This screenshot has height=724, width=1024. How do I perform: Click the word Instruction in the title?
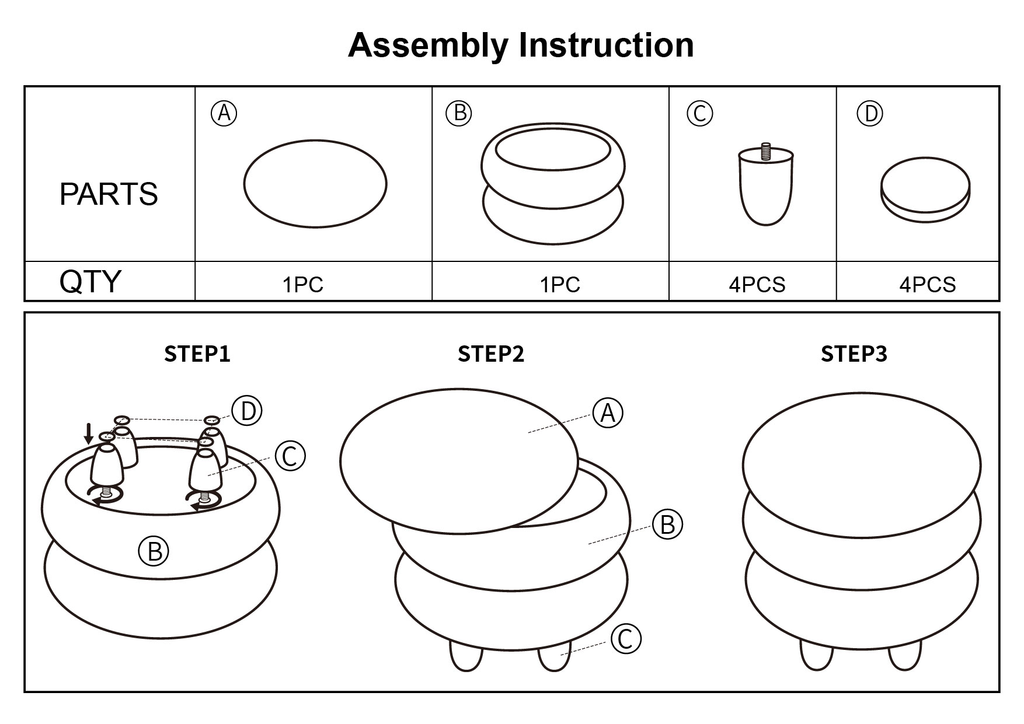point(607,46)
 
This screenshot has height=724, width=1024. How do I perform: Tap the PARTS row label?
point(109,194)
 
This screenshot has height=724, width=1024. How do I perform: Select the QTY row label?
point(90,282)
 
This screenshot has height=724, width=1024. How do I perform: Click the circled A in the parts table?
point(224,113)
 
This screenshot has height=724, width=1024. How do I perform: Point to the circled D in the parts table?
point(870,114)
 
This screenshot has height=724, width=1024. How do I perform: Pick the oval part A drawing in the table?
point(315,183)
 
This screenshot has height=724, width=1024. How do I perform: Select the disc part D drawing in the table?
point(925,190)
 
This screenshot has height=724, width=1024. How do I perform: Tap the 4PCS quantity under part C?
point(757,285)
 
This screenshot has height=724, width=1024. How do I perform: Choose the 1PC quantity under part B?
point(560,285)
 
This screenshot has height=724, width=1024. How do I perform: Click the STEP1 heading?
point(197,354)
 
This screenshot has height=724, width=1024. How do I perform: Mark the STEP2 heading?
point(491,354)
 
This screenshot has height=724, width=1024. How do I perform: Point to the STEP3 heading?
point(854,354)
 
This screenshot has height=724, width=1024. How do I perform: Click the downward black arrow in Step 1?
point(89,433)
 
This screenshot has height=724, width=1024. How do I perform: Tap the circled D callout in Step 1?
point(247,411)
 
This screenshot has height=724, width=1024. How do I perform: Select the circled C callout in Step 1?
point(290,456)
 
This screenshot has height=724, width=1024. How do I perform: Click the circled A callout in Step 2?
point(608,413)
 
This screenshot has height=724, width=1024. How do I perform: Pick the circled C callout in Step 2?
point(626,639)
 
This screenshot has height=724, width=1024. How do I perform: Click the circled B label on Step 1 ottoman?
point(154,550)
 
